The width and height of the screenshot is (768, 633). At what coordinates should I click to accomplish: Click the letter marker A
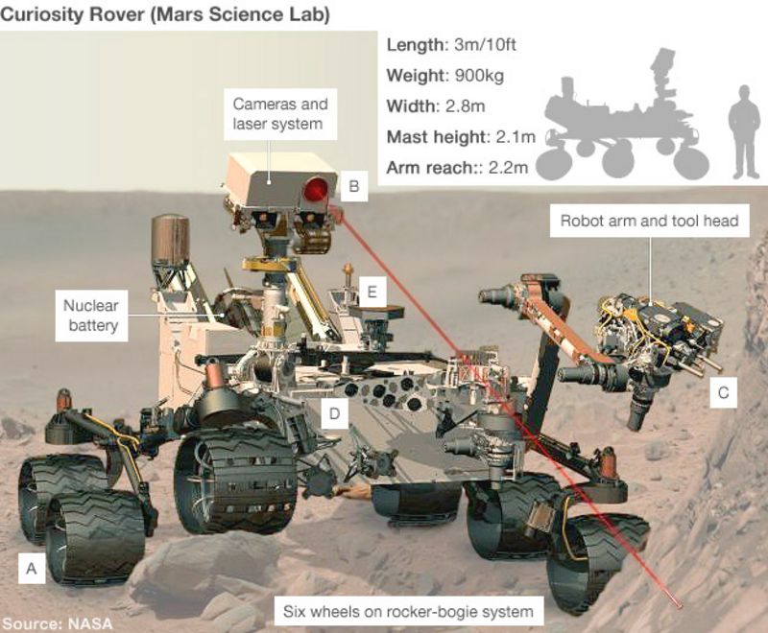pos(32,569)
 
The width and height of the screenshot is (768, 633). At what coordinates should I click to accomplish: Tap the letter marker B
pos(353,187)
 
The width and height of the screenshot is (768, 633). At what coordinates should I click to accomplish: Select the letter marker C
pos(723,391)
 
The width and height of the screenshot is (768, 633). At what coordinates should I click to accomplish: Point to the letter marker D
pos(333,413)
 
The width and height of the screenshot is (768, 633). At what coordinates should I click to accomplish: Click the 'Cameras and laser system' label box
pos(279,114)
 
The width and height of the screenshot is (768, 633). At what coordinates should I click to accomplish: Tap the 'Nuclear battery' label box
pos(90,316)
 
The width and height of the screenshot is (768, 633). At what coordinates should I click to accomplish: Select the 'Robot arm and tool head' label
pos(649,221)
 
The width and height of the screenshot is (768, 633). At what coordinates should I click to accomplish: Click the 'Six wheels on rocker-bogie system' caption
pos(408,610)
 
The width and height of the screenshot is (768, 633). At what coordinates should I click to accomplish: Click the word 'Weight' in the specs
pos(414,75)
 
